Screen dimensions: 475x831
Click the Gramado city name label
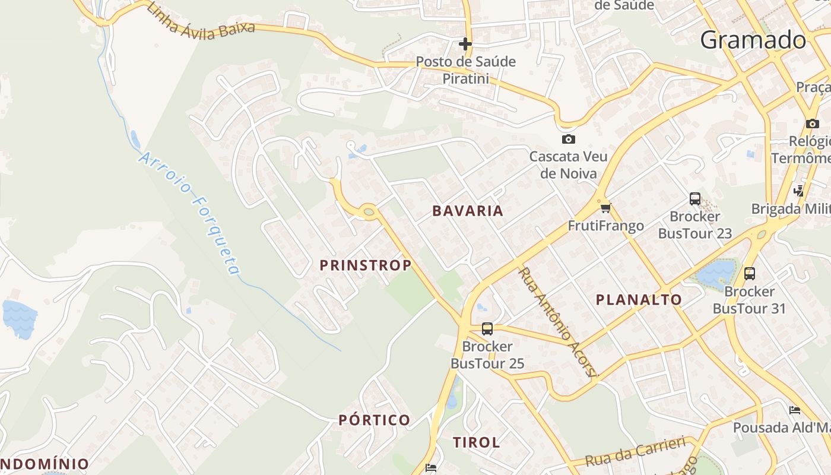point(753,40)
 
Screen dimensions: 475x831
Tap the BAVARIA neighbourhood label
point(468,211)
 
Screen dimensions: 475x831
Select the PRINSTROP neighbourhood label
point(366,265)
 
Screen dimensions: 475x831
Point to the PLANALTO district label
point(639,300)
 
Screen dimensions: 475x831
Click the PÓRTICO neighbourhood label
point(375,420)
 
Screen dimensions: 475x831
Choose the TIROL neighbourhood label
point(477,442)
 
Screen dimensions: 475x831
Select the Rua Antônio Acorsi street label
point(559,322)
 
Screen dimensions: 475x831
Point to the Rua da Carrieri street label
point(635,451)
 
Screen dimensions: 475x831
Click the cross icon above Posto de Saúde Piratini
point(465,44)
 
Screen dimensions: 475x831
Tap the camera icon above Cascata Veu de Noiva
point(568,139)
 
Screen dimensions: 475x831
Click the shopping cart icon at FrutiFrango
point(605,208)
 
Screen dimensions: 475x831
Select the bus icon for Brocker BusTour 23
point(695,198)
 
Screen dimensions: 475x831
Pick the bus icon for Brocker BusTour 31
point(750,274)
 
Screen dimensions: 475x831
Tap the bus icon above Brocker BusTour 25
point(487,328)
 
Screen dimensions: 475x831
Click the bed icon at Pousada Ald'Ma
point(795,410)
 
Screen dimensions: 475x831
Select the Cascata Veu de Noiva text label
point(568,164)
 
